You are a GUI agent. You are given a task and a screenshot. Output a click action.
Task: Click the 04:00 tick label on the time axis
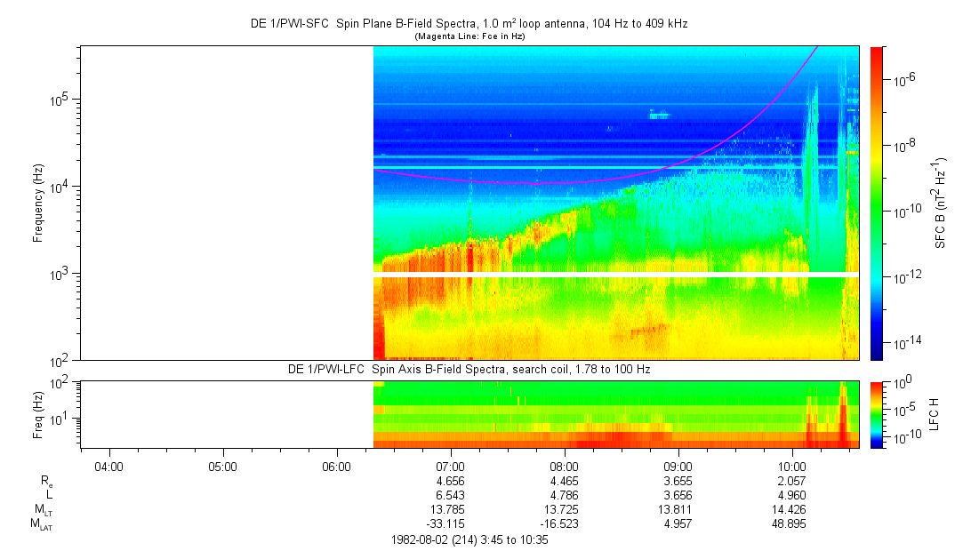(108, 466)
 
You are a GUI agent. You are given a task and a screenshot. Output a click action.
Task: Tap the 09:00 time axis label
(678, 466)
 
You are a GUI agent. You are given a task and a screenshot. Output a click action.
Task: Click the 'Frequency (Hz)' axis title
(37, 204)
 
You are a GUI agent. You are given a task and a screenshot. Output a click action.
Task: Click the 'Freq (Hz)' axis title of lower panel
(37, 414)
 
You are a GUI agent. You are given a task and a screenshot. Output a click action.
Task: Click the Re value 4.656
(451, 479)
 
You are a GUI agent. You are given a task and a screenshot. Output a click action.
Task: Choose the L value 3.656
(678, 493)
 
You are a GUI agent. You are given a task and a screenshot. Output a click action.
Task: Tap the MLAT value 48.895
(792, 522)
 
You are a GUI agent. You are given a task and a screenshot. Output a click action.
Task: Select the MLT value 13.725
(565, 507)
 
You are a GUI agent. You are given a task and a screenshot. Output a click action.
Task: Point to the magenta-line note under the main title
(469, 36)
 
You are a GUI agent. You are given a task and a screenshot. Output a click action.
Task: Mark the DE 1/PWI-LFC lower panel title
(469, 369)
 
